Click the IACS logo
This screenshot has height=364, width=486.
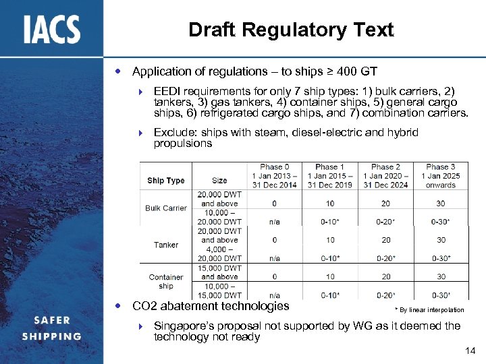52,29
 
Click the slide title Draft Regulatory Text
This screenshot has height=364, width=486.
291,30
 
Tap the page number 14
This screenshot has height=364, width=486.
470,351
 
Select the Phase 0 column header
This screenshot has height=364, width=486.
275,176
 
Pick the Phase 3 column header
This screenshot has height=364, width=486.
441,176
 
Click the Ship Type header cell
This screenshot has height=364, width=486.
165,181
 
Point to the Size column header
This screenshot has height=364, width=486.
219,181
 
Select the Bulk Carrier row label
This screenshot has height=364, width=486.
165,208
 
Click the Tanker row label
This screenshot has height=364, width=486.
165,245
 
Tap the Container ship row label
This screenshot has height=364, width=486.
166,281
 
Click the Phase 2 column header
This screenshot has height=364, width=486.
385,176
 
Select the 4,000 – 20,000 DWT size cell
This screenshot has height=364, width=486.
219,253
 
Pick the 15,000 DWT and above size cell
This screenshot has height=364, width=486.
219,272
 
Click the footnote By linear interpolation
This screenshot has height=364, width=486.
429,310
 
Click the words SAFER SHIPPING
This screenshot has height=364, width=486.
51,328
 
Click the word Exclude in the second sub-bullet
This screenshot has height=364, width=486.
173,132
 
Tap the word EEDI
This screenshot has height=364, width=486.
168,90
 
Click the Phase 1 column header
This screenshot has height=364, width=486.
330,176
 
